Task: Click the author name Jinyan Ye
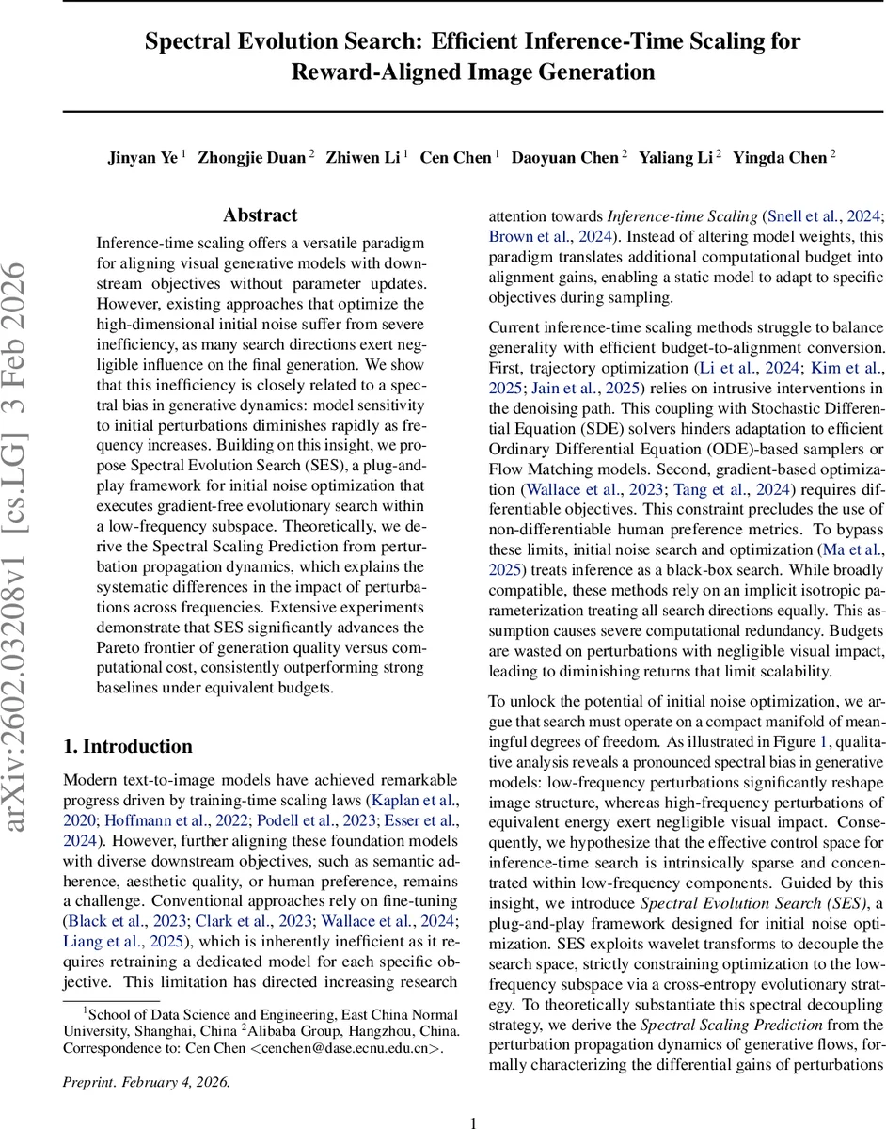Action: click(142, 157)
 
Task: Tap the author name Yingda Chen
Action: click(780, 157)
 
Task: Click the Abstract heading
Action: click(260, 215)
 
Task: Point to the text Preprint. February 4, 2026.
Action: click(146, 1081)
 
